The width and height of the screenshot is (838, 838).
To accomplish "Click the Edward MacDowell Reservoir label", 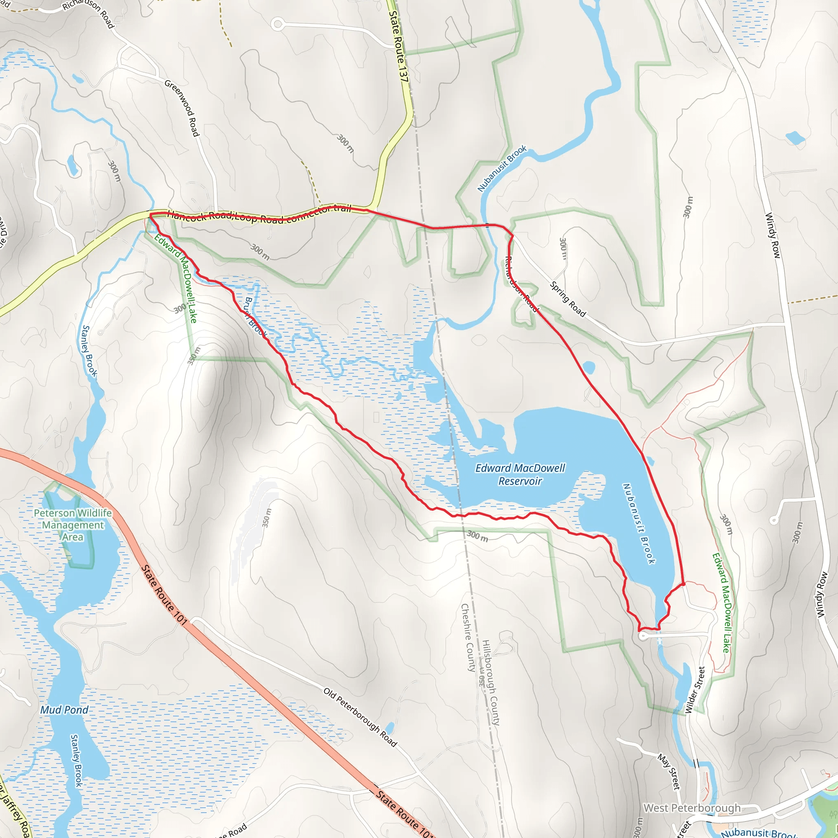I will [520, 475].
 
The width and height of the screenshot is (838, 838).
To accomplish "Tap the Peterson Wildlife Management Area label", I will [73, 525].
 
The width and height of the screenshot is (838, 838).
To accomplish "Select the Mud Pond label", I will [64, 710].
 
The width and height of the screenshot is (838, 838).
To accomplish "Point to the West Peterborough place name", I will [692, 808].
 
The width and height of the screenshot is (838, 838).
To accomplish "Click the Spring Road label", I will [568, 299].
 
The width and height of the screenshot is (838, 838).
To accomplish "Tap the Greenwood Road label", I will [182, 108].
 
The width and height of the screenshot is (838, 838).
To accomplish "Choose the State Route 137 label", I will [398, 46].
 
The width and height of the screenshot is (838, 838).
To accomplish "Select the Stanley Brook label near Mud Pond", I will [77, 760].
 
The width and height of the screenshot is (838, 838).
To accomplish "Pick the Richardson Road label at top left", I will [88, 13].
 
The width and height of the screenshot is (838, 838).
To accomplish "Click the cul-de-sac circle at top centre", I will [277, 24].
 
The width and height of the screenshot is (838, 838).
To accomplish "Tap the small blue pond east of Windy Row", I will [795, 138].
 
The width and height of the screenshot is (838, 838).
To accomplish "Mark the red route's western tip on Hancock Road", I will [150, 214].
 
